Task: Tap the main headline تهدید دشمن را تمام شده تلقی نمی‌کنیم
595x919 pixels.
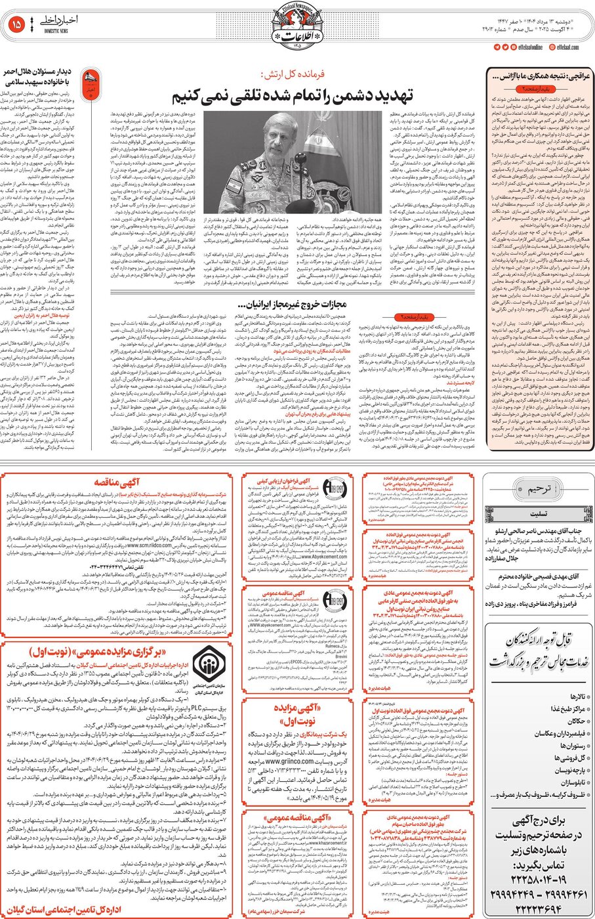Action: pyautogui.click(x=293, y=96)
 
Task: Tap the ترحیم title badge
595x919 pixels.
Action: pyautogui.click(x=539, y=488)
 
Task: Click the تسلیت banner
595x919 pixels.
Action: pyautogui.click(x=538, y=514)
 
